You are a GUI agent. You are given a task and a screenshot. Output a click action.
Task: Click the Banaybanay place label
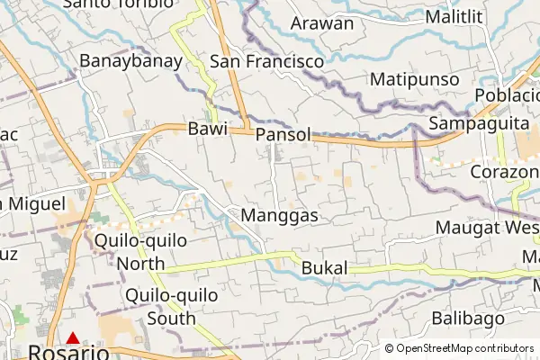(131, 61)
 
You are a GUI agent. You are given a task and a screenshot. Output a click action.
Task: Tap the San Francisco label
(266, 61)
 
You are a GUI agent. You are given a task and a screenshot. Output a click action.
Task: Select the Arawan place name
(322, 23)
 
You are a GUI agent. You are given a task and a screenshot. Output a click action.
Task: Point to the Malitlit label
(454, 17)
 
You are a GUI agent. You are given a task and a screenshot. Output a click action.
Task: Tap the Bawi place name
(206, 130)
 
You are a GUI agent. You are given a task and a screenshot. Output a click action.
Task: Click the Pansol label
(283, 134)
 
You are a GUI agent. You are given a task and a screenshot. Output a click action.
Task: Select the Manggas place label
(281, 216)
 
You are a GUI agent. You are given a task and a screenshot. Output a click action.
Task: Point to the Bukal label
(324, 268)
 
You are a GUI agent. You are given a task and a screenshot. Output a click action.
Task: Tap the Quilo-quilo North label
(140, 252)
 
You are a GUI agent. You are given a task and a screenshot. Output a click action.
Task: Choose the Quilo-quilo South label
(160, 306)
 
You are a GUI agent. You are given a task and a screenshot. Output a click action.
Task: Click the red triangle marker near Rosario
(73, 338)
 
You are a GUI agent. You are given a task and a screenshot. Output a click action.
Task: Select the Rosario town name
(68, 353)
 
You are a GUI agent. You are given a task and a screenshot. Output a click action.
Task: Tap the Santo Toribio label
(119, 4)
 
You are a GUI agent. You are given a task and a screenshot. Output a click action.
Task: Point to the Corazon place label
(503, 171)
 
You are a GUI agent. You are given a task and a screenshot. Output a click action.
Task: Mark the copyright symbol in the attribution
(390, 348)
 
